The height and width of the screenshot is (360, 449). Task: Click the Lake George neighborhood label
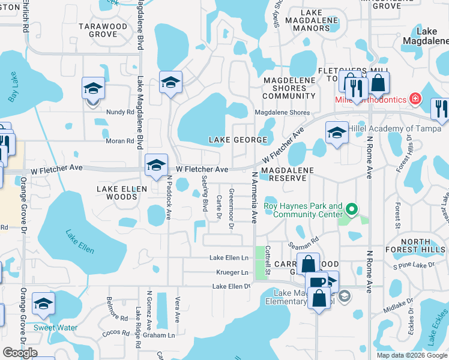[237, 140]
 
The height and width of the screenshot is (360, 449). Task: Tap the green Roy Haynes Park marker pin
[352, 209]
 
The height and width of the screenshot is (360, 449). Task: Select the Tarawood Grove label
[103, 30]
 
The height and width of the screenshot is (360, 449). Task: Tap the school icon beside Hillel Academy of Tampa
[337, 133]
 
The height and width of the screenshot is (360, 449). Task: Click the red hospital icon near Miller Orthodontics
[415, 98]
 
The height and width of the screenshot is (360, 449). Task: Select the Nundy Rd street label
[121, 112]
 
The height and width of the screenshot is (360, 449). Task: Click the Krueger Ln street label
[236, 272]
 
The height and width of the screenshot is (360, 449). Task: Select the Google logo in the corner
[20, 353]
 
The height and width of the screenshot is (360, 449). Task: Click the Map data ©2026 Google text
[411, 355]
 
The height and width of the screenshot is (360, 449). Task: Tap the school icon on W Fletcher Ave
[156, 165]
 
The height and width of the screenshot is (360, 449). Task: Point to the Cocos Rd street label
[117, 332]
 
